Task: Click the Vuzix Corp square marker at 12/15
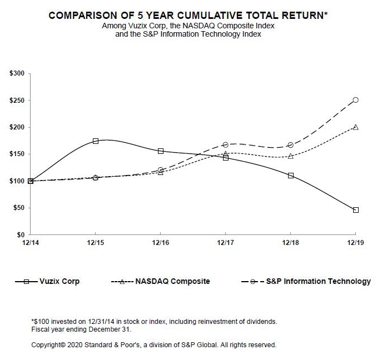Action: [x=96, y=141]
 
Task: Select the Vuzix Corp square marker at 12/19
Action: [x=356, y=210]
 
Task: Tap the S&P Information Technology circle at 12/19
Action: [x=356, y=100]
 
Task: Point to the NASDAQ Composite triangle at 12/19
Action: [x=356, y=127]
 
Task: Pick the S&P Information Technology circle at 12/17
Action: [x=225, y=144]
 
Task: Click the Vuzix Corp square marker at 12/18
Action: [x=291, y=176]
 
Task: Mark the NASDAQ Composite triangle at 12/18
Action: [x=291, y=156]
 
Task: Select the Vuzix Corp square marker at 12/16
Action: [x=161, y=151]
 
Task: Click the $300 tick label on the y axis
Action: [x=17, y=73]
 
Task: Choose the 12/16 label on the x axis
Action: [x=161, y=243]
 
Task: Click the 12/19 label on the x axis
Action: [x=356, y=243]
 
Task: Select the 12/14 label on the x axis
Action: [x=30, y=243]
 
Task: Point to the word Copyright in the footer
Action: [x=48, y=345]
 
